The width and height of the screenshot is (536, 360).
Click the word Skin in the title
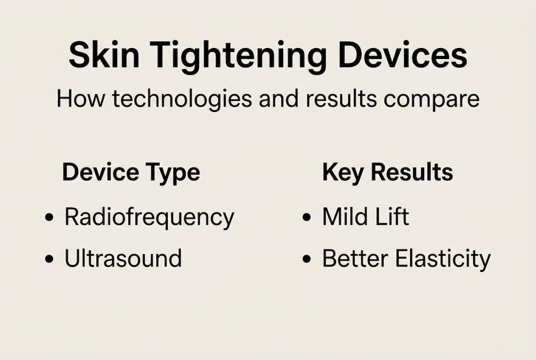(x=104, y=55)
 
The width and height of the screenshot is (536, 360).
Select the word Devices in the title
(x=403, y=55)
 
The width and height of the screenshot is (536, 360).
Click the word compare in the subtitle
(x=432, y=100)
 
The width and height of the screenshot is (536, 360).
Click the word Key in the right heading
(x=343, y=173)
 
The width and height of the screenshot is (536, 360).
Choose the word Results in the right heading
(x=412, y=172)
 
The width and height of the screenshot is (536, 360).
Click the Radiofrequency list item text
(x=149, y=218)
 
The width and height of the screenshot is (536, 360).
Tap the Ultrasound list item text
(x=123, y=258)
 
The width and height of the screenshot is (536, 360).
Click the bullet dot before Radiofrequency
(x=49, y=217)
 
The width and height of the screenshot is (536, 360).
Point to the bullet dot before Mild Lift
(x=307, y=217)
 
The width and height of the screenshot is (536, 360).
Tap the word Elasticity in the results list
(x=443, y=260)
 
